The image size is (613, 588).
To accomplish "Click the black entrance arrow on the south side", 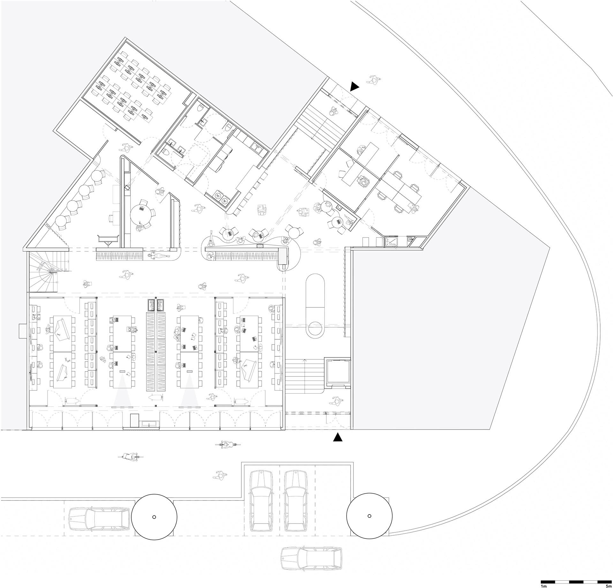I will [x=338, y=437].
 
